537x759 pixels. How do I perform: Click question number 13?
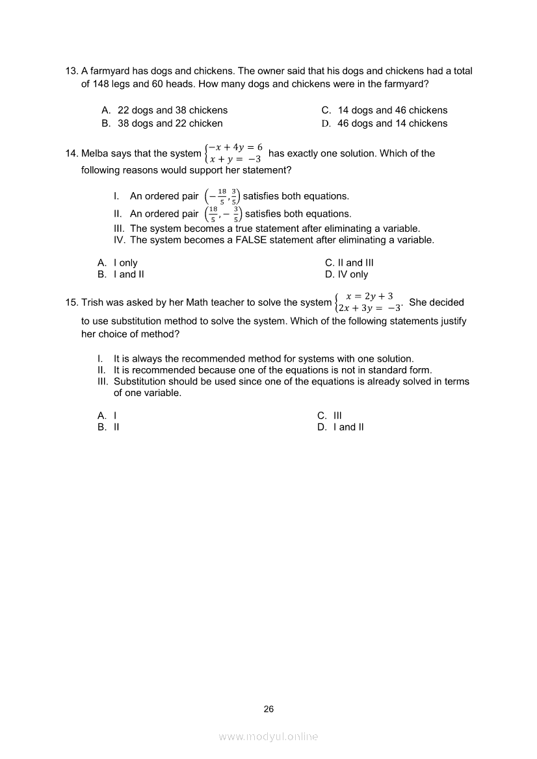click(x=72, y=71)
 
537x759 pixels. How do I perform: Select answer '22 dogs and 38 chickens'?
click(x=172, y=110)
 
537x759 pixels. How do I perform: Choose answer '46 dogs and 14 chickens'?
click(x=392, y=123)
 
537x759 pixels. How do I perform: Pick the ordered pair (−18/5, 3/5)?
click(x=222, y=196)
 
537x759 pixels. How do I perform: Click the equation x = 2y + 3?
click(x=369, y=296)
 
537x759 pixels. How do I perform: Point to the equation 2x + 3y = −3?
click(x=368, y=308)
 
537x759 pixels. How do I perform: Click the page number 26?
click(x=269, y=709)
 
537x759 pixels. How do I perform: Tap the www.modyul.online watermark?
click(x=268, y=737)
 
